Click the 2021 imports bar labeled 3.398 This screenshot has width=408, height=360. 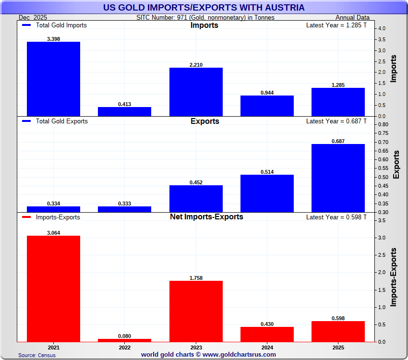(53, 79)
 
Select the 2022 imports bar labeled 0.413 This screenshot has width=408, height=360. (124, 111)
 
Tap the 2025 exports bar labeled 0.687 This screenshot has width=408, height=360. (338, 178)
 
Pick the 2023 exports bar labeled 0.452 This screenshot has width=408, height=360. (196, 198)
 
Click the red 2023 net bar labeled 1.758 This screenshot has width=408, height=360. (196, 311)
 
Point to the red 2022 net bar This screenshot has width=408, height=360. (124, 340)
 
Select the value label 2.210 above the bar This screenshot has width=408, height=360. (196, 64)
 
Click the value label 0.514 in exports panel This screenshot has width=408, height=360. (267, 172)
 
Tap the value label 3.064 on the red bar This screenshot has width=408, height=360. (53, 233)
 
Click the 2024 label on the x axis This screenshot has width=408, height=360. (267, 347)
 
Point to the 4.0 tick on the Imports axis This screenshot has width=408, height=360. (381, 29)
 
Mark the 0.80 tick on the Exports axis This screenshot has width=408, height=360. (383, 125)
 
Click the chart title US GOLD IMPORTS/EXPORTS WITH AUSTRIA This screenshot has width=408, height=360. (204, 8)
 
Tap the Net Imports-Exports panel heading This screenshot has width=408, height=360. (206, 217)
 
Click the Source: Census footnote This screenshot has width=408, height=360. (37, 355)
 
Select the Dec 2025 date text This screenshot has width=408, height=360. (33, 18)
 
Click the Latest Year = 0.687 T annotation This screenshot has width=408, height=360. (336, 121)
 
